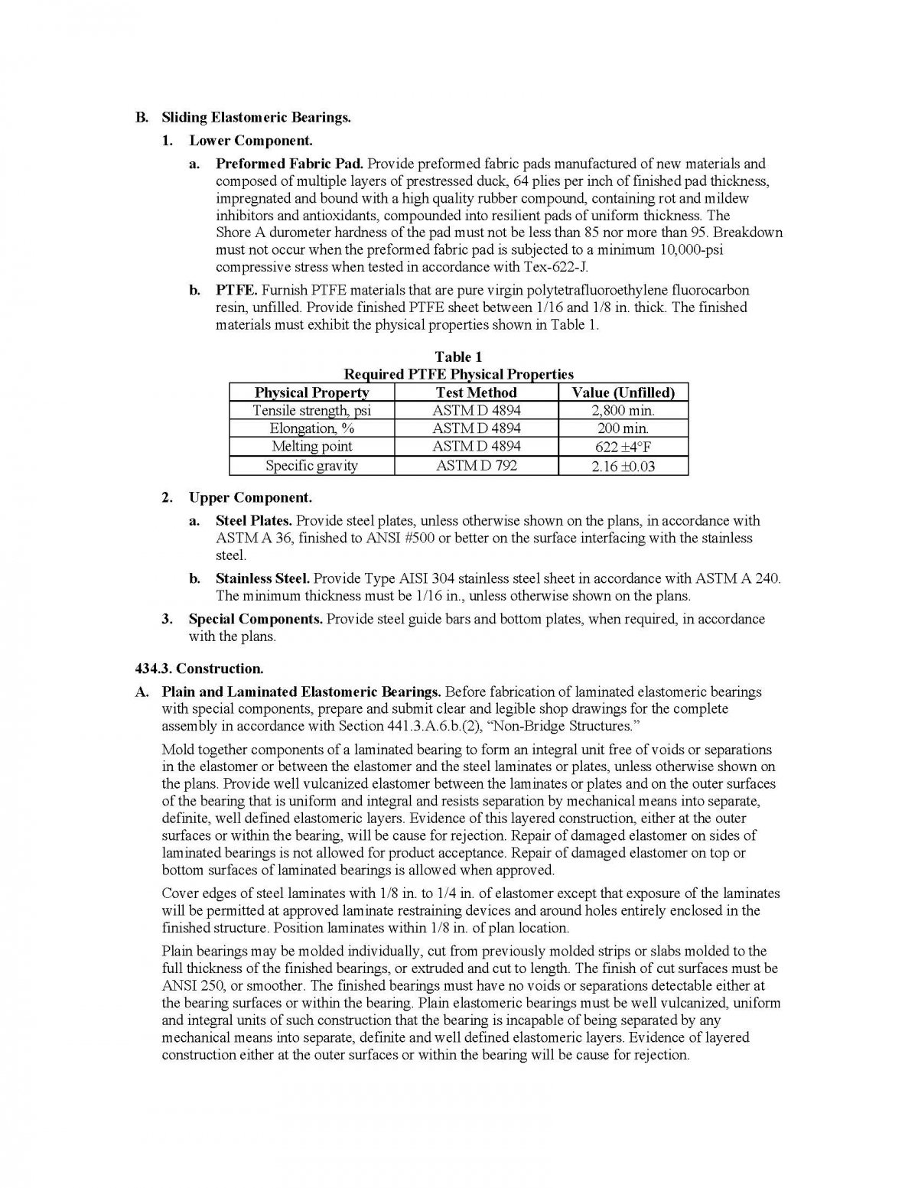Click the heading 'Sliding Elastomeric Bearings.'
256,117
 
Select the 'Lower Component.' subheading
250,141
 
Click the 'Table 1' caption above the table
458,356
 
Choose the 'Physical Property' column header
311,392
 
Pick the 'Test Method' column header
476,392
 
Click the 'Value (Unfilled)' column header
623,392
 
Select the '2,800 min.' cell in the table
623,411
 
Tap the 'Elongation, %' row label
311,428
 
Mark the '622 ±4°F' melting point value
623,448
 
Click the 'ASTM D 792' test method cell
476,465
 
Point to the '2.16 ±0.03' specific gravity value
623,467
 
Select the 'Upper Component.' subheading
250,498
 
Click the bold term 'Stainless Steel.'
262,579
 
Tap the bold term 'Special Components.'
256,619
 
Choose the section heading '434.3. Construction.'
199,669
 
